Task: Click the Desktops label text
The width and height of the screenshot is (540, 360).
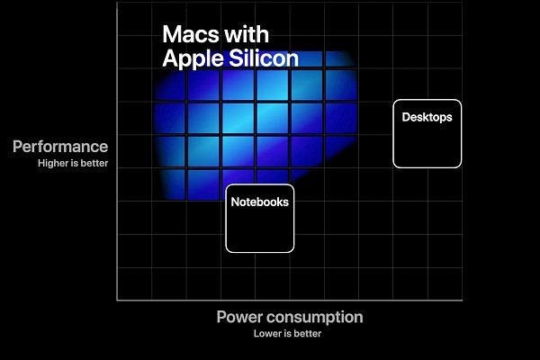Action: point(427,117)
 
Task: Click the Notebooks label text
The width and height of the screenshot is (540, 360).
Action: point(259,202)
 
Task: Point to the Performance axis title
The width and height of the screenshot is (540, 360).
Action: point(60,147)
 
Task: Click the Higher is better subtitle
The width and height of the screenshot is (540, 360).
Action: point(73,164)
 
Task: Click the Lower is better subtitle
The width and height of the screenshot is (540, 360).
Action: point(287,334)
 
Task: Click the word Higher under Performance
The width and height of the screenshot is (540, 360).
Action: point(52,164)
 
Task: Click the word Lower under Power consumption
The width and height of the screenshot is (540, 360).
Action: point(267,334)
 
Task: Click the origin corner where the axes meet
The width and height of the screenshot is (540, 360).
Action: point(117,300)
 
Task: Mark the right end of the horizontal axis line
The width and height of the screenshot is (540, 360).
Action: point(463,300)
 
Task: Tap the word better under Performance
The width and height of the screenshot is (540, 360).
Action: point(94,164)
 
